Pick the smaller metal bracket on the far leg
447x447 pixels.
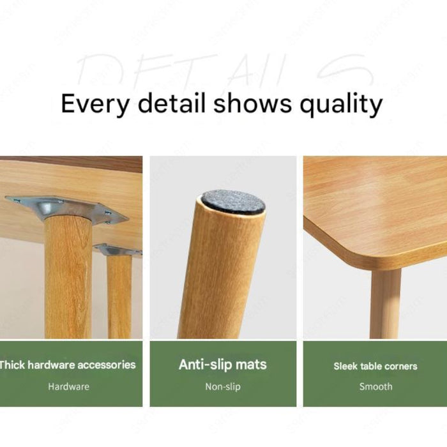[116, 250]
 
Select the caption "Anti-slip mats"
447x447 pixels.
[223, 365]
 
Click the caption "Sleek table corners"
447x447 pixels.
[375, 367]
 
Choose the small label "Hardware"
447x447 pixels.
[68, 386]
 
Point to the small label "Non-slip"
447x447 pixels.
[223, 386]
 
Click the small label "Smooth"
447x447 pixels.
[375, 386]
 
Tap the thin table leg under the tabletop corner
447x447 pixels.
[385, 303]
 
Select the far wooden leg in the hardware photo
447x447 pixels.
[119, 297]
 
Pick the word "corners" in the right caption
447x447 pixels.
[399, 367]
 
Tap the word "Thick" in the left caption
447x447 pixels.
[12, 365]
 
